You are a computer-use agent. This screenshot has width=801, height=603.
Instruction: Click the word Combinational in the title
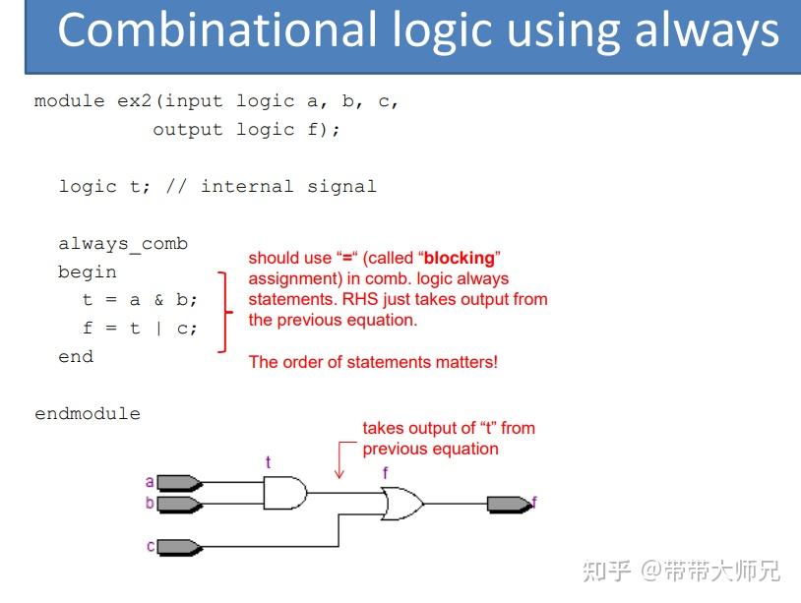(x=217, y=30)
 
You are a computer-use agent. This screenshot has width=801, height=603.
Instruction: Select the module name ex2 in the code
(x=135, y=100)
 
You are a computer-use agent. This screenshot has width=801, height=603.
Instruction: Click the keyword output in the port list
(x=188, y=130)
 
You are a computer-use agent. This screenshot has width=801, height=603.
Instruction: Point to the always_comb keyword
(x=123, y=244)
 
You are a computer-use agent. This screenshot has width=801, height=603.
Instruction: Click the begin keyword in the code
(x=88, y=272)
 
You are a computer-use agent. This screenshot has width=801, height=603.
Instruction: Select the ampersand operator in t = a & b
(x=158, y=300)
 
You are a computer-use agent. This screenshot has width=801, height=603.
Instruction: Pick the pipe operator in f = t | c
(x=158, y=329)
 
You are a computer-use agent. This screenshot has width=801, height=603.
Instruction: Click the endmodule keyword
(x=88, y=413)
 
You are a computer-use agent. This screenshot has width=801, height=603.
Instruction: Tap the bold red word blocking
(x=460, y=258)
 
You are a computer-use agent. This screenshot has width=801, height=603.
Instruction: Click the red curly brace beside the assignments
(x=224, y=312)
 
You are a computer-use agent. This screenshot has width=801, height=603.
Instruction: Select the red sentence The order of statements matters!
(x=373, y=362)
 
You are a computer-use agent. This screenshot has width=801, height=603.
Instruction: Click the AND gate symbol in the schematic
(x=285, y=493)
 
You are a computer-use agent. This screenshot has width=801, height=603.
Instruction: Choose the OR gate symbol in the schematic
(x=402, y=504)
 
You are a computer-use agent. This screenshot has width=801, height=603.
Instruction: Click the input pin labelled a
(x=179, y=483)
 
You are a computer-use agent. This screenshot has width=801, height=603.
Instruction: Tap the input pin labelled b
(x=179, y=504)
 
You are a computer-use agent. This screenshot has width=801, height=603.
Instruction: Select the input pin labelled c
(x=179, y=547)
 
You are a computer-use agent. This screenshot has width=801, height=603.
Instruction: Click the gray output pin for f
(x=510, y=505)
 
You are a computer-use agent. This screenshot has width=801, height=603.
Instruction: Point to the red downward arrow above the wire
(x=339, y=460)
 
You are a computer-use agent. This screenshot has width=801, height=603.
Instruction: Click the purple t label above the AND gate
(x=269, y=462)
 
